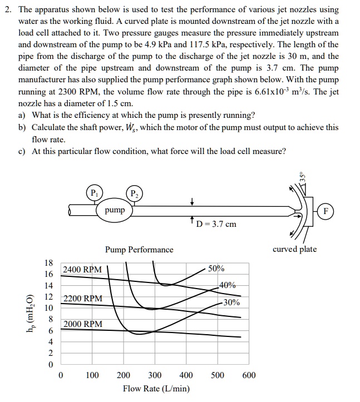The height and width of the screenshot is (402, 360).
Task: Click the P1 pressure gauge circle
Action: pos(95,193)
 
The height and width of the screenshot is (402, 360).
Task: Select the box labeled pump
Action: pos(115,211)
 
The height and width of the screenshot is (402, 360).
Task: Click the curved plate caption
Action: pos(294,249)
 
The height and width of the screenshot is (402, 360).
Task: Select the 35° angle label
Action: pos(303,177)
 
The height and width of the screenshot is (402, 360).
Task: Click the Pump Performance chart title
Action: pos(139,250)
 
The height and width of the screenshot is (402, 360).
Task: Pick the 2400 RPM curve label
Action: pos(82,270)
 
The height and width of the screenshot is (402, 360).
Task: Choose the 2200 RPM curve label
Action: pos(82,299)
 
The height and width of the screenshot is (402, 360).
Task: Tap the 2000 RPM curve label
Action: pos(82,324)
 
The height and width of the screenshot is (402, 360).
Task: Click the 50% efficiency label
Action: pos(216,269)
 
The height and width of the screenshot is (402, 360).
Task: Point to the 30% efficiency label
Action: pos(231,303)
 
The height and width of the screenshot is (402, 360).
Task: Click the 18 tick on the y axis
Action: pos(49,262)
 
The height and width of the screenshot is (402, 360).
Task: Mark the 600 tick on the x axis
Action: pos(249,375)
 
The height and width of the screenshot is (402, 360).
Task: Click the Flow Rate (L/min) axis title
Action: pos(156,389)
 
